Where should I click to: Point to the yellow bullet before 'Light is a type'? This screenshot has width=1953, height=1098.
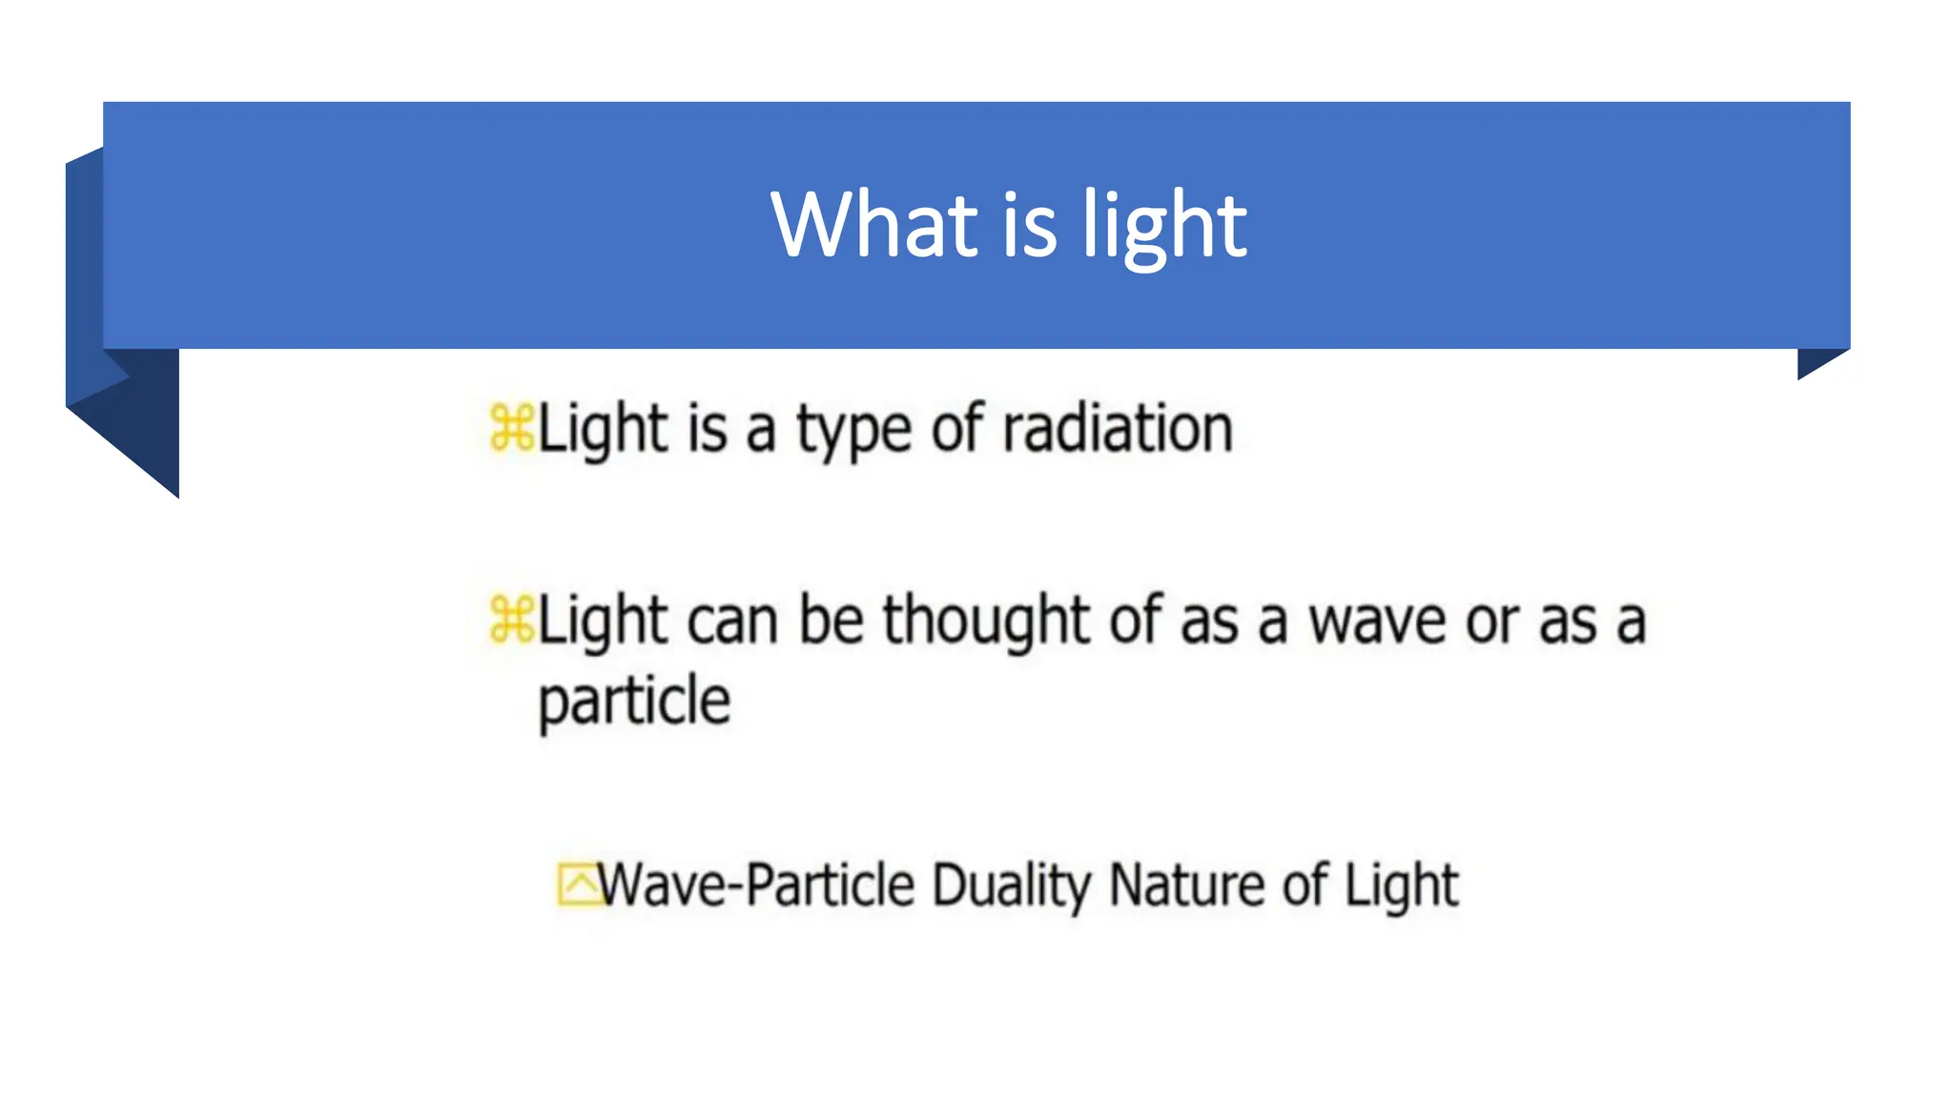point(511,428)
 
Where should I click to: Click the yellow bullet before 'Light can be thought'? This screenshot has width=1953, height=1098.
point(511,620)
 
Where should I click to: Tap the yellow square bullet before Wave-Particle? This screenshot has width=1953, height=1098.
point(577,884)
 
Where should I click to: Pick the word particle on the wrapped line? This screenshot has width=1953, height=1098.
point(634,702)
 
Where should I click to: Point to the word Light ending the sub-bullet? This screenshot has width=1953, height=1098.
point(1401,885)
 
